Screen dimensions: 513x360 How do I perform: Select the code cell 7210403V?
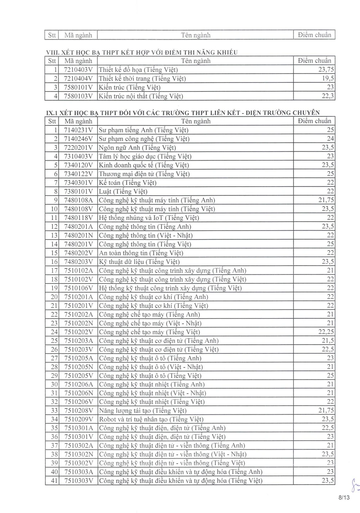click(78, 70)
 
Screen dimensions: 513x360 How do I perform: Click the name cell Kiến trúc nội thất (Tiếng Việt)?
click(141, 96)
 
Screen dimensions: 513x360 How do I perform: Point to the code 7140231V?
click(78, 130)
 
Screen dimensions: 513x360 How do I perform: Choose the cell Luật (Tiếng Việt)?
click(123, 191)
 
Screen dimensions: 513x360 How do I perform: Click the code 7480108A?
click(78, 200)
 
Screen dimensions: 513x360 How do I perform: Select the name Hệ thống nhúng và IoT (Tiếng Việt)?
click(149, 218)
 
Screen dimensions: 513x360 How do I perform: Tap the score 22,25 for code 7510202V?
click(326, 332)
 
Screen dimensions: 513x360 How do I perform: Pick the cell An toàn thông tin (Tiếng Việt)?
click(141, 253)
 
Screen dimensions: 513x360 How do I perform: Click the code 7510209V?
click(78, 419)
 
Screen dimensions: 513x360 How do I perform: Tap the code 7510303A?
click(78, 472)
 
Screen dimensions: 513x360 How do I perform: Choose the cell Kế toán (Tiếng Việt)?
click(127, 183)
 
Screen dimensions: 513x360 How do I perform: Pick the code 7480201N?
click(78, 235)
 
